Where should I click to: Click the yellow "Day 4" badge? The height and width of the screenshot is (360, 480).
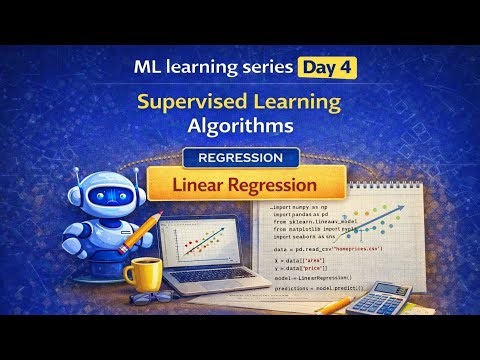(x=326, y=69)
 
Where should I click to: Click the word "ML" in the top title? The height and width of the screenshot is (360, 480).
(x=147, y=69)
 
